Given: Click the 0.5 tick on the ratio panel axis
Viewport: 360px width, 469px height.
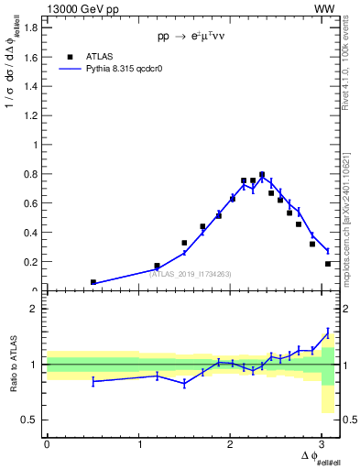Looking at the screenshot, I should coord(32,420).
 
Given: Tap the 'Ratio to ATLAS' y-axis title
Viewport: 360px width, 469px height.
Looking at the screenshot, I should coord(13,365).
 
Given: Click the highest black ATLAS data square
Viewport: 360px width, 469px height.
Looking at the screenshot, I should coord(262,174).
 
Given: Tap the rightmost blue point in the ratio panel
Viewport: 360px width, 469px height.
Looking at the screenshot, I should coord(328,332).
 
